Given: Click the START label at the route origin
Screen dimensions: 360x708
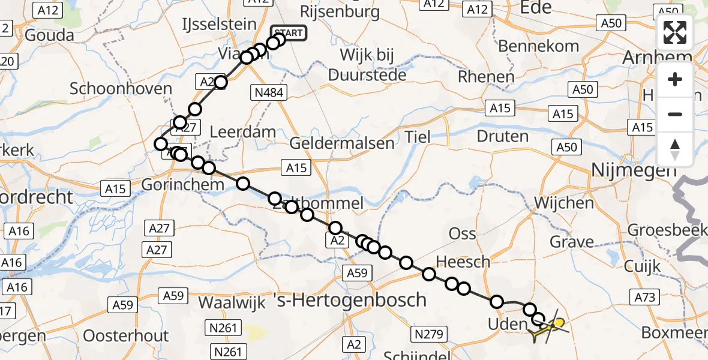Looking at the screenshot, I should pyautogui.click(x=289, y=34).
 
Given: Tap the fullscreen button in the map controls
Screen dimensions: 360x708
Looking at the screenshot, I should pyautogui.click(x=675, y=33).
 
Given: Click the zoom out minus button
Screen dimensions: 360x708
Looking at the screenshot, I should pyautogui.click(x=675, y=114).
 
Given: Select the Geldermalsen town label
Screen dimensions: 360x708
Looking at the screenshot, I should pyautogui.click(x=342, y=143).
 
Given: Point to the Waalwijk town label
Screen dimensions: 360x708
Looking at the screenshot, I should pyautogui.click(x=232, y=302).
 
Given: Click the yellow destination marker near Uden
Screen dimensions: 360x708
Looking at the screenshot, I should pyautogui.click(x=559, y=323).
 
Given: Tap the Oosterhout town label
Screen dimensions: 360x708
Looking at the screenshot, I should pyautogui.click(x=125, y=335).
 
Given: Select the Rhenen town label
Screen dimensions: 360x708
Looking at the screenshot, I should pyautogui.click(x=485, y=77).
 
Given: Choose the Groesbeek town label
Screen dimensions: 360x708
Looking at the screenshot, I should pyautogui.click(x=667, y=230).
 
